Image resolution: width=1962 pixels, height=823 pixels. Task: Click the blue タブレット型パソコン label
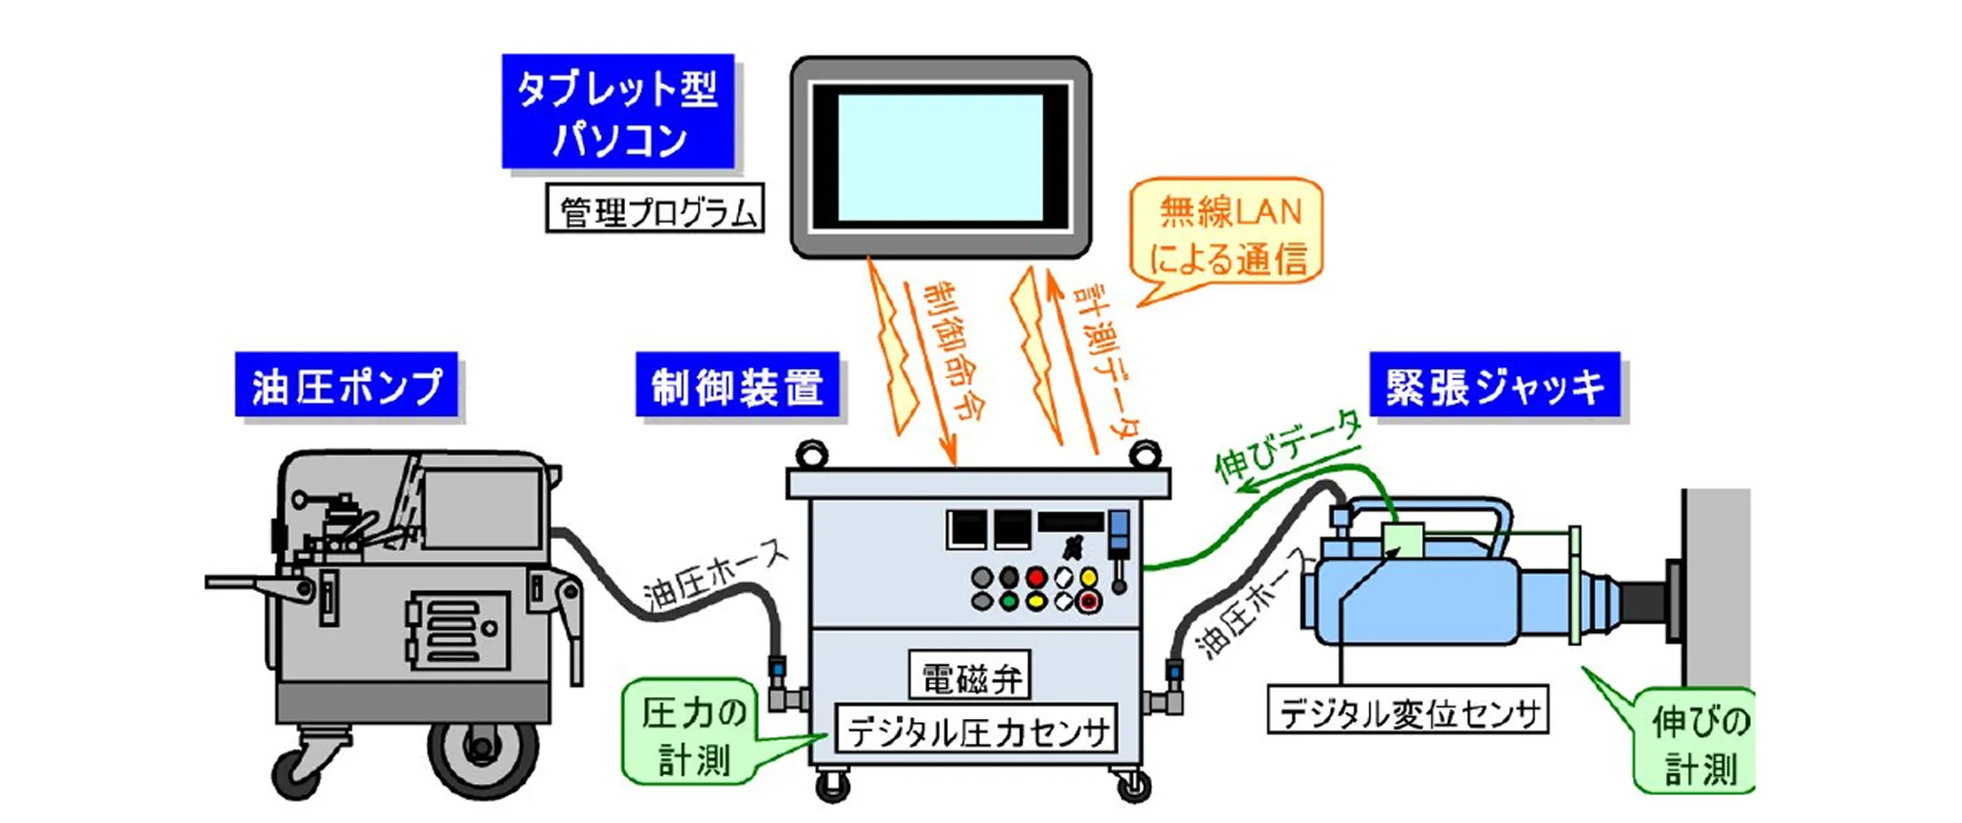tap(617, 111)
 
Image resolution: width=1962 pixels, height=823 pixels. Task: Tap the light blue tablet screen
tap(940, 157)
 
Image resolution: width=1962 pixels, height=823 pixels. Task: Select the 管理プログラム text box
tap(655, 208)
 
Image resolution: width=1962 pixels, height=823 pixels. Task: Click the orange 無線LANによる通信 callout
tap(1228, 233)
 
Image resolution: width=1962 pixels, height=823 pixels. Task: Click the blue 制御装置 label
tap(737, 385)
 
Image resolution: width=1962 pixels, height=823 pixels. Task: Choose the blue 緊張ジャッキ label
tap(1494, 385)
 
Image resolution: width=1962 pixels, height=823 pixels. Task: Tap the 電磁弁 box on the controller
tap(970, 675)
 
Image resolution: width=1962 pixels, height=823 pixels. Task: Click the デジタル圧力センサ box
tap(977, 728)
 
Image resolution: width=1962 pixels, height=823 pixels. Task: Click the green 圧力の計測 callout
tap(693, 734)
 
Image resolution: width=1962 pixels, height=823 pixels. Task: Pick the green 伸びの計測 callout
tap(1697, 743)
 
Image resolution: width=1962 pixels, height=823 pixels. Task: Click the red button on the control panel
tap(1036, 577)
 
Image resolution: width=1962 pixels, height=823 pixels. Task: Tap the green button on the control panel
tap(1008, 601)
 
